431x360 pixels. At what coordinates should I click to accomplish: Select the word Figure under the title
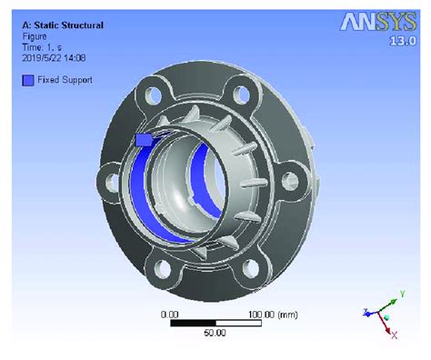35,36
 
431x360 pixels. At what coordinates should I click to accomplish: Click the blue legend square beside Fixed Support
29,80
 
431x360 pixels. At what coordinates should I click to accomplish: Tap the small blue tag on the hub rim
143,140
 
